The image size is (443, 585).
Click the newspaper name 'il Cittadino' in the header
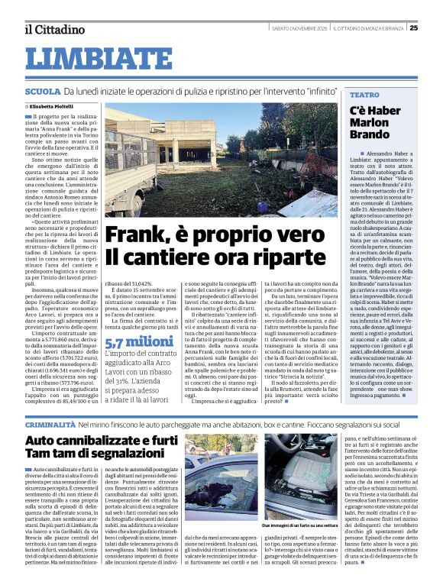pyautogui.click(x=53, y=29)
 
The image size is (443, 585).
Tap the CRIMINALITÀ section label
pyautogui.click(x=50, y=423)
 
